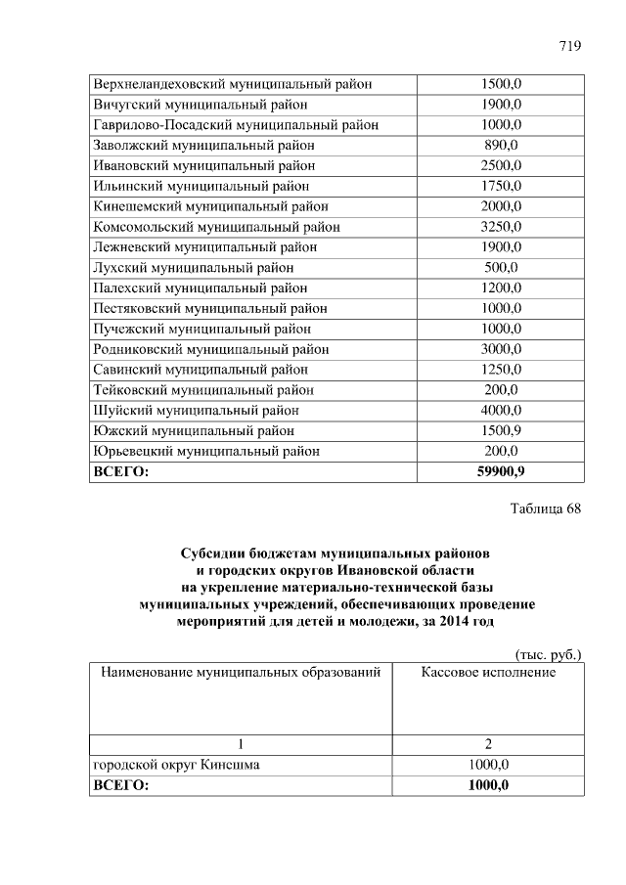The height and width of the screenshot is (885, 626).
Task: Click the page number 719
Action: point(570,47)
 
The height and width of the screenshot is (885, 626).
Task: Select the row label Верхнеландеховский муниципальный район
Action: point(232,84)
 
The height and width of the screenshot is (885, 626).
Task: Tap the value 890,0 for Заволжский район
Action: point(501,145)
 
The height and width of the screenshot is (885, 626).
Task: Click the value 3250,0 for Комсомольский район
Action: point(501,227)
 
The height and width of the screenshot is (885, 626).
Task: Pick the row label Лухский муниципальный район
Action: point(193,267)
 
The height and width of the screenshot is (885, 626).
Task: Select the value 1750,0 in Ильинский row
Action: point(501,186)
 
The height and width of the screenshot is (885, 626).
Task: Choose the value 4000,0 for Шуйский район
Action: point(501,410)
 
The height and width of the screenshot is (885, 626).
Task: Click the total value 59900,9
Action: point(501,472)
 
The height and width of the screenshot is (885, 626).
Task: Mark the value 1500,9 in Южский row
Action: point(501,430)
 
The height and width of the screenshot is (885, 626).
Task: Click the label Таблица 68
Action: point(546,509)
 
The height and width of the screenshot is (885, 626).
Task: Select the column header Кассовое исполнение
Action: point(488,673)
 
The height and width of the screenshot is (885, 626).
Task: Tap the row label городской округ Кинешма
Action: point(176,765)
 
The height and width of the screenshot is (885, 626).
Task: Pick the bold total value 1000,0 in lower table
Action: point(488,785)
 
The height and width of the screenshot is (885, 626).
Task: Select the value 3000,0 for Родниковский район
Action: point(501,349)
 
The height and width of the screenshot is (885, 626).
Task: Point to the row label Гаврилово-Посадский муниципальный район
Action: point(235,125)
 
